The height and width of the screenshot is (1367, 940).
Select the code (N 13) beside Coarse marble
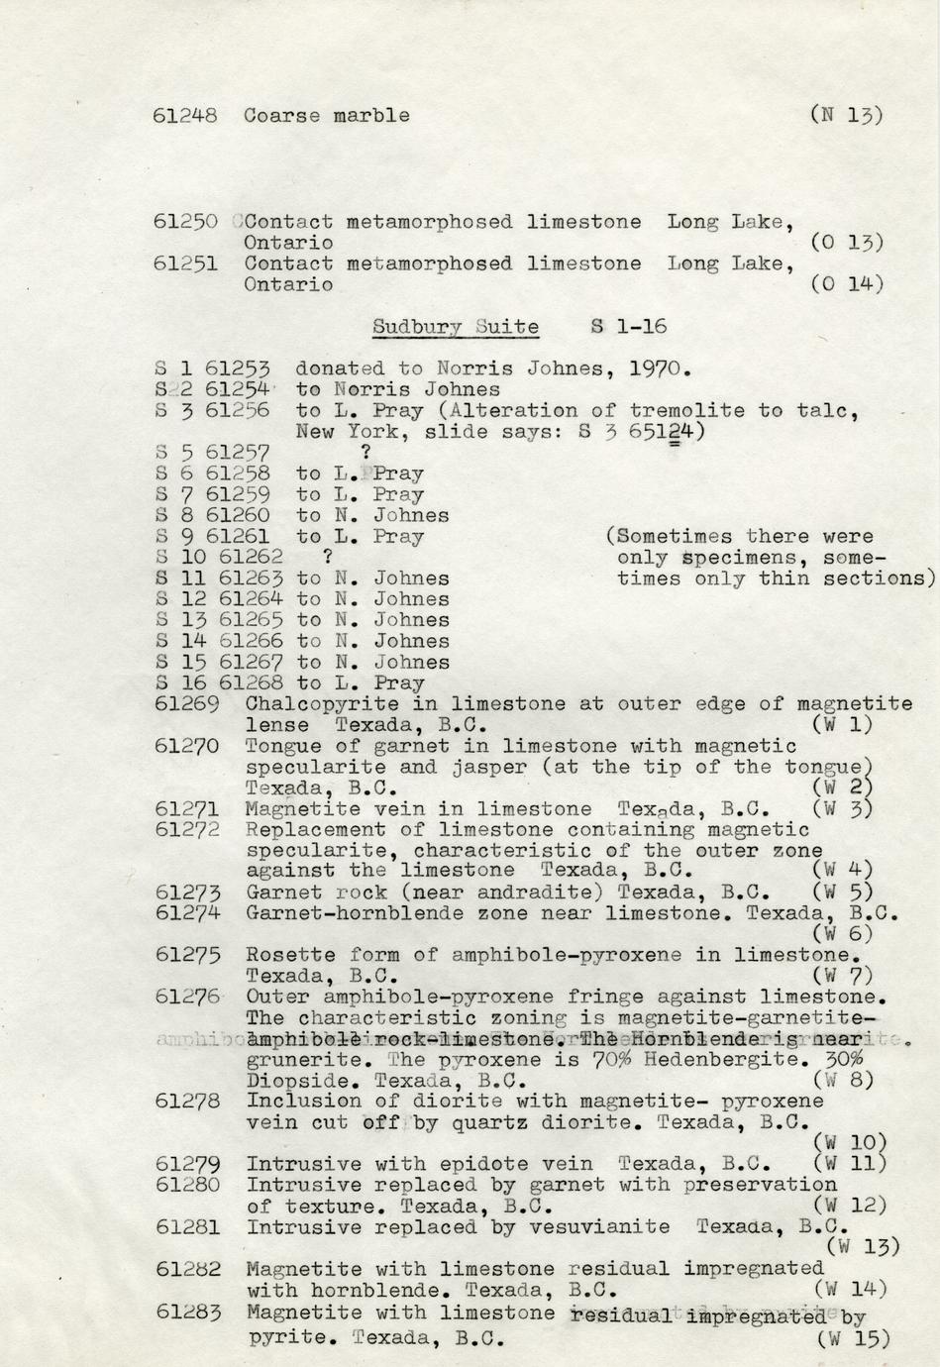click(845, 115)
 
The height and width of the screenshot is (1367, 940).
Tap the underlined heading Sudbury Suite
click(456, 327)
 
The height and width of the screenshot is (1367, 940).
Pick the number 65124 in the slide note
click(660, 432)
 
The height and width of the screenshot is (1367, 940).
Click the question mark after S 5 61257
click(366, 453)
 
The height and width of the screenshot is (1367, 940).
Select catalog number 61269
click(187, 704)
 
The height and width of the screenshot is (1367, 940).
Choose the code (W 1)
click(842, 725)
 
